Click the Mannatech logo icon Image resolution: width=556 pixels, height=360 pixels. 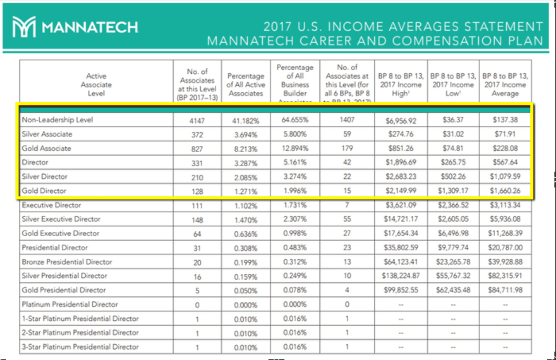23,27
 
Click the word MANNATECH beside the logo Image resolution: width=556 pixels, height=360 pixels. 90,27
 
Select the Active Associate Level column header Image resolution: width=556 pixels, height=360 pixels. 96,85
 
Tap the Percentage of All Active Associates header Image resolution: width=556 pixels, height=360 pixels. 246,85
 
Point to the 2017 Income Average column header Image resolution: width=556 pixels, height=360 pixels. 505,85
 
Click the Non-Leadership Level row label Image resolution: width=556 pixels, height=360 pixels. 57,119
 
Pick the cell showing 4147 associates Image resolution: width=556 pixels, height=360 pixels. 197,120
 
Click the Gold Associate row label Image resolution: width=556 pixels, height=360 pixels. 47,148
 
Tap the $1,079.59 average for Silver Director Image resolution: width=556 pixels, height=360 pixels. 505,177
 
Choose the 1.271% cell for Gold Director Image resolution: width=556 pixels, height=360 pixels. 246,191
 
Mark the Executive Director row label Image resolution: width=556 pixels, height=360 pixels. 52,205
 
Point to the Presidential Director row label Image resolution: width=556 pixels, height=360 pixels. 55,248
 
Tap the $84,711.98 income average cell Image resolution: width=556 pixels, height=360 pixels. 505,290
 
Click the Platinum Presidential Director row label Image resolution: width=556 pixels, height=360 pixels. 70,304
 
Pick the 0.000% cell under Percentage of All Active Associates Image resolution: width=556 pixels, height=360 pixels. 246,305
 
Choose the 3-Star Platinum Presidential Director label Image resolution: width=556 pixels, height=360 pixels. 80,346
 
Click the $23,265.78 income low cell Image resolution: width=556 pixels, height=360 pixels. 452,262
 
